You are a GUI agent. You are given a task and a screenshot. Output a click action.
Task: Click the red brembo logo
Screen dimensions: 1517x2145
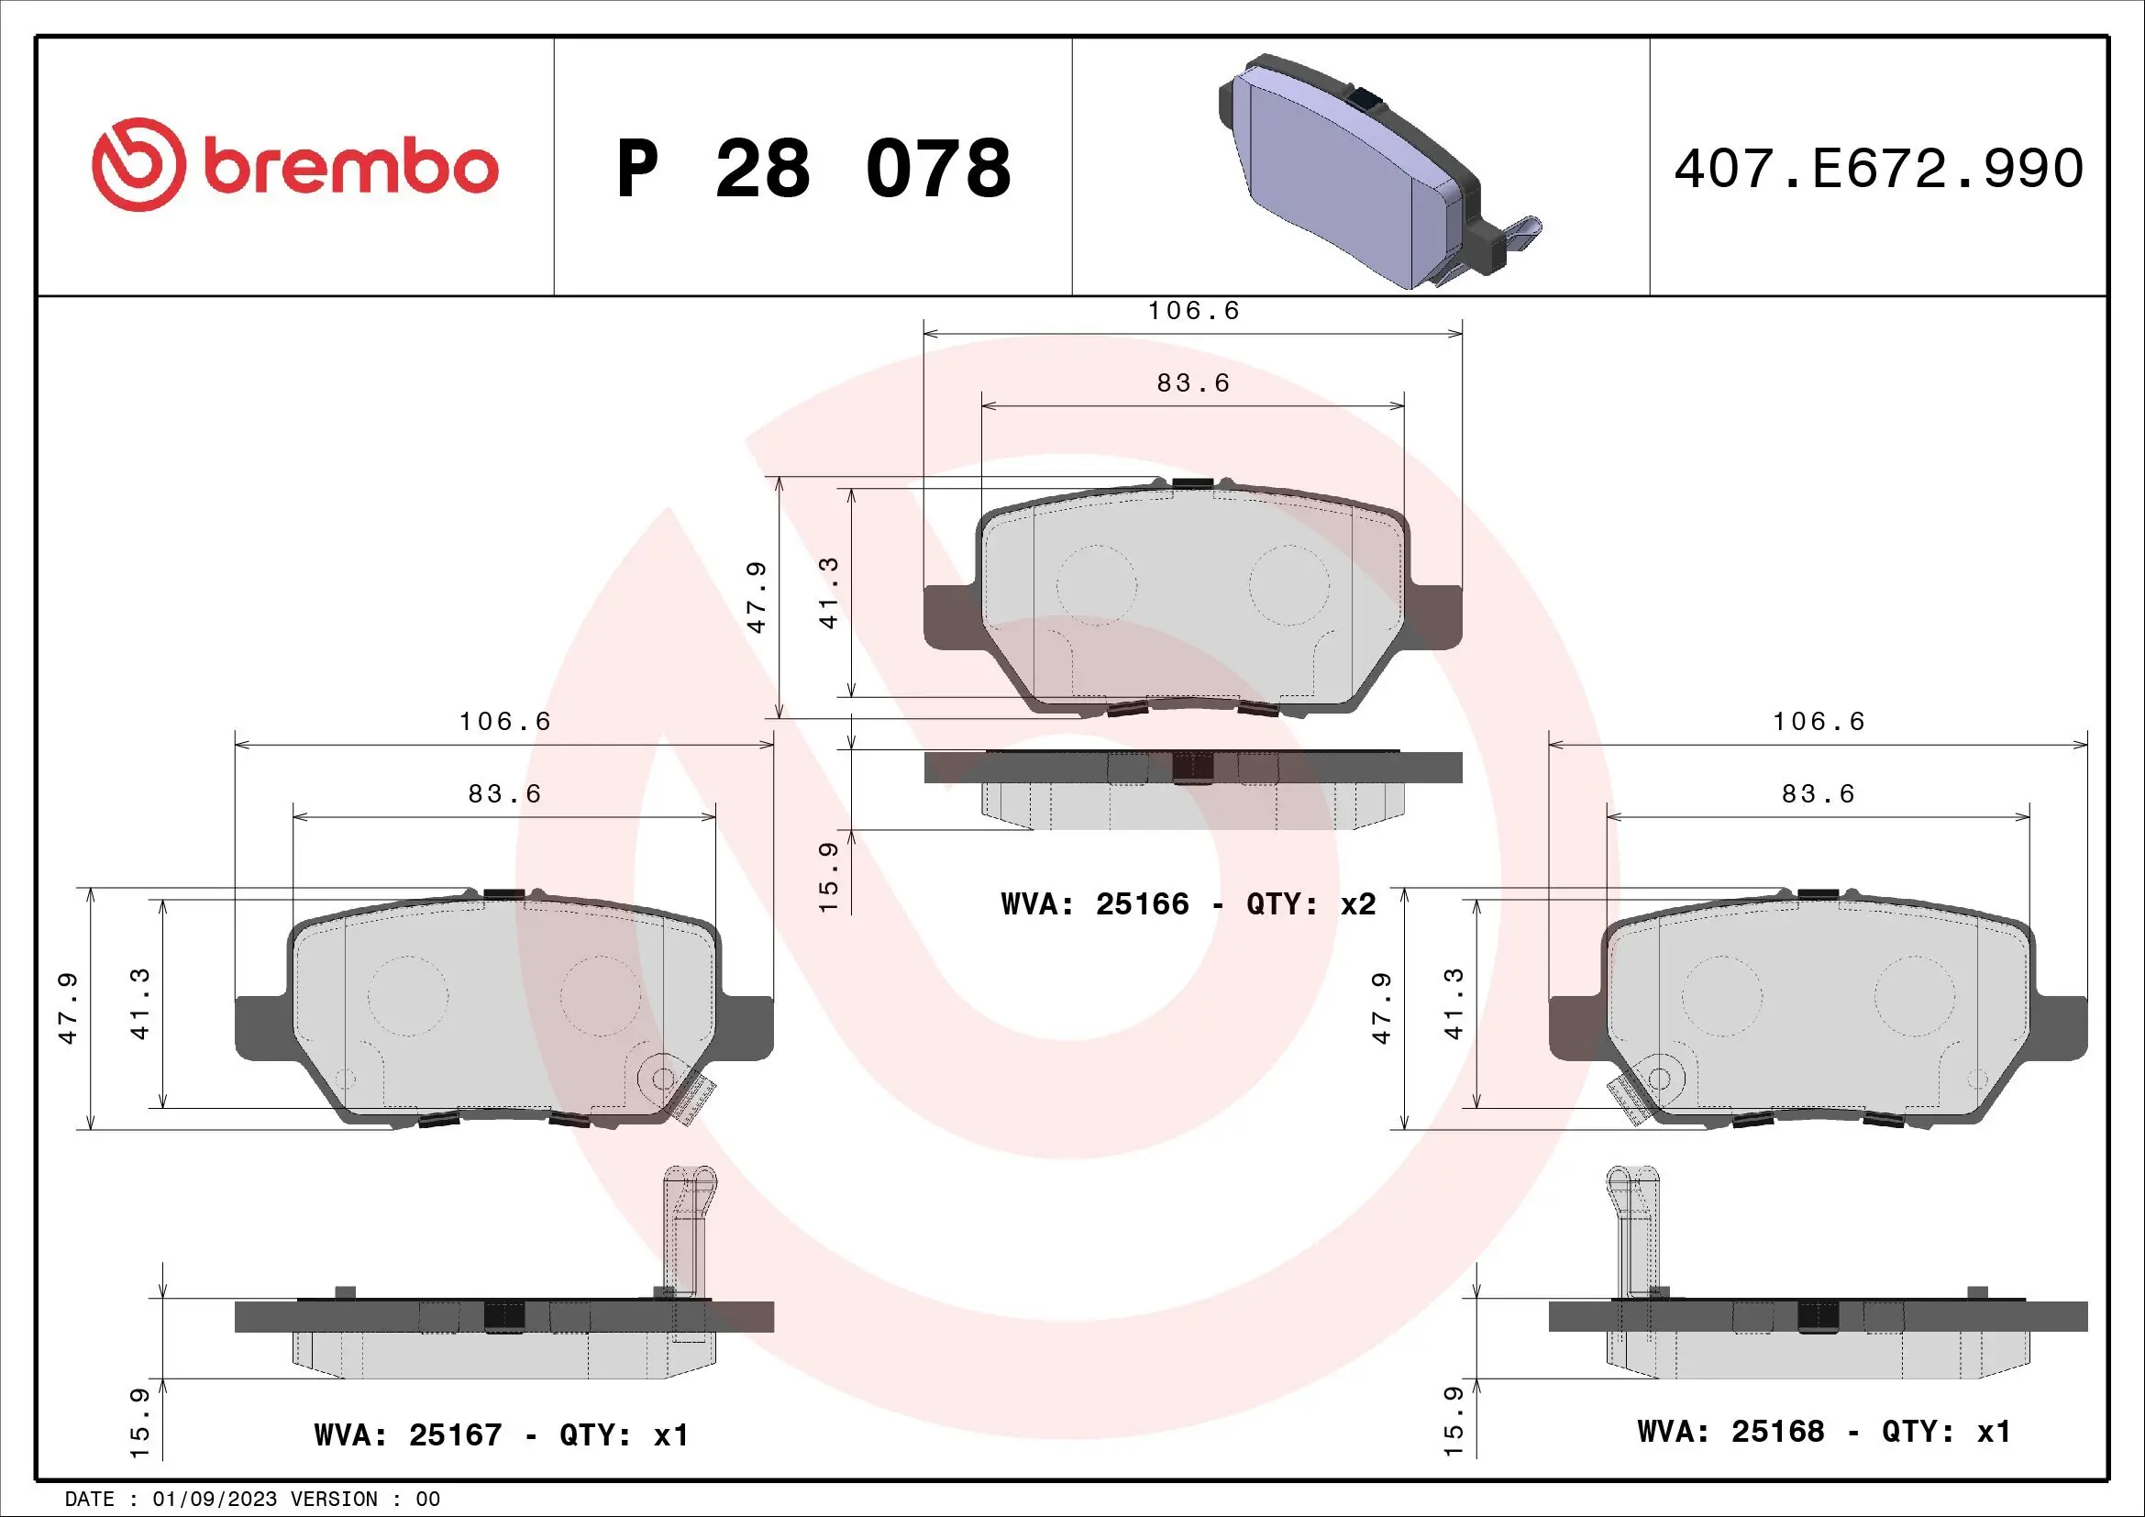[x=294, y=165]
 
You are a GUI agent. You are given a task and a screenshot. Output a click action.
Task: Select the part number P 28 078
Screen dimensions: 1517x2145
[x=813, y=169]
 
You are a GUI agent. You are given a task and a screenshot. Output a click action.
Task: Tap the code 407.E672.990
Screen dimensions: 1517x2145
[x=1878, y=169]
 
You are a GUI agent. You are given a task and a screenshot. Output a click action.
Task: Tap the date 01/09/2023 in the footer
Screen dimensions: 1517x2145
[x=214, y=1500]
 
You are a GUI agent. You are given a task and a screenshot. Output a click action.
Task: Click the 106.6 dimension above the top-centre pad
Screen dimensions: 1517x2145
[x=1193, y=311]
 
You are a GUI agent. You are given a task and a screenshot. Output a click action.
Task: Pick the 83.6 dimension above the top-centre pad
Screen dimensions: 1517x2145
[x=1193, y=383]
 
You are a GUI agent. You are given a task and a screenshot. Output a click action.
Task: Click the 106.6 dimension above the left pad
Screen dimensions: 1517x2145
[x=504, y=721]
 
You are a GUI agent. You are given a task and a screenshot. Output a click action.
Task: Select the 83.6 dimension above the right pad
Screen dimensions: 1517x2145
[x=1818, y=794]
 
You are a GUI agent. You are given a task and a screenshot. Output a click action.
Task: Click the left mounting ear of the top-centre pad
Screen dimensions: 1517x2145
[x=948, y=616]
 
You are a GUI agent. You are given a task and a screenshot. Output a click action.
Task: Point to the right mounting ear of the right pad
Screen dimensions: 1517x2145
[x=2061, y=1027]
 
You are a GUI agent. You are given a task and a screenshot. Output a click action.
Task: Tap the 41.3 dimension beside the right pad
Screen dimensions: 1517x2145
[x=1454, y=1004]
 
